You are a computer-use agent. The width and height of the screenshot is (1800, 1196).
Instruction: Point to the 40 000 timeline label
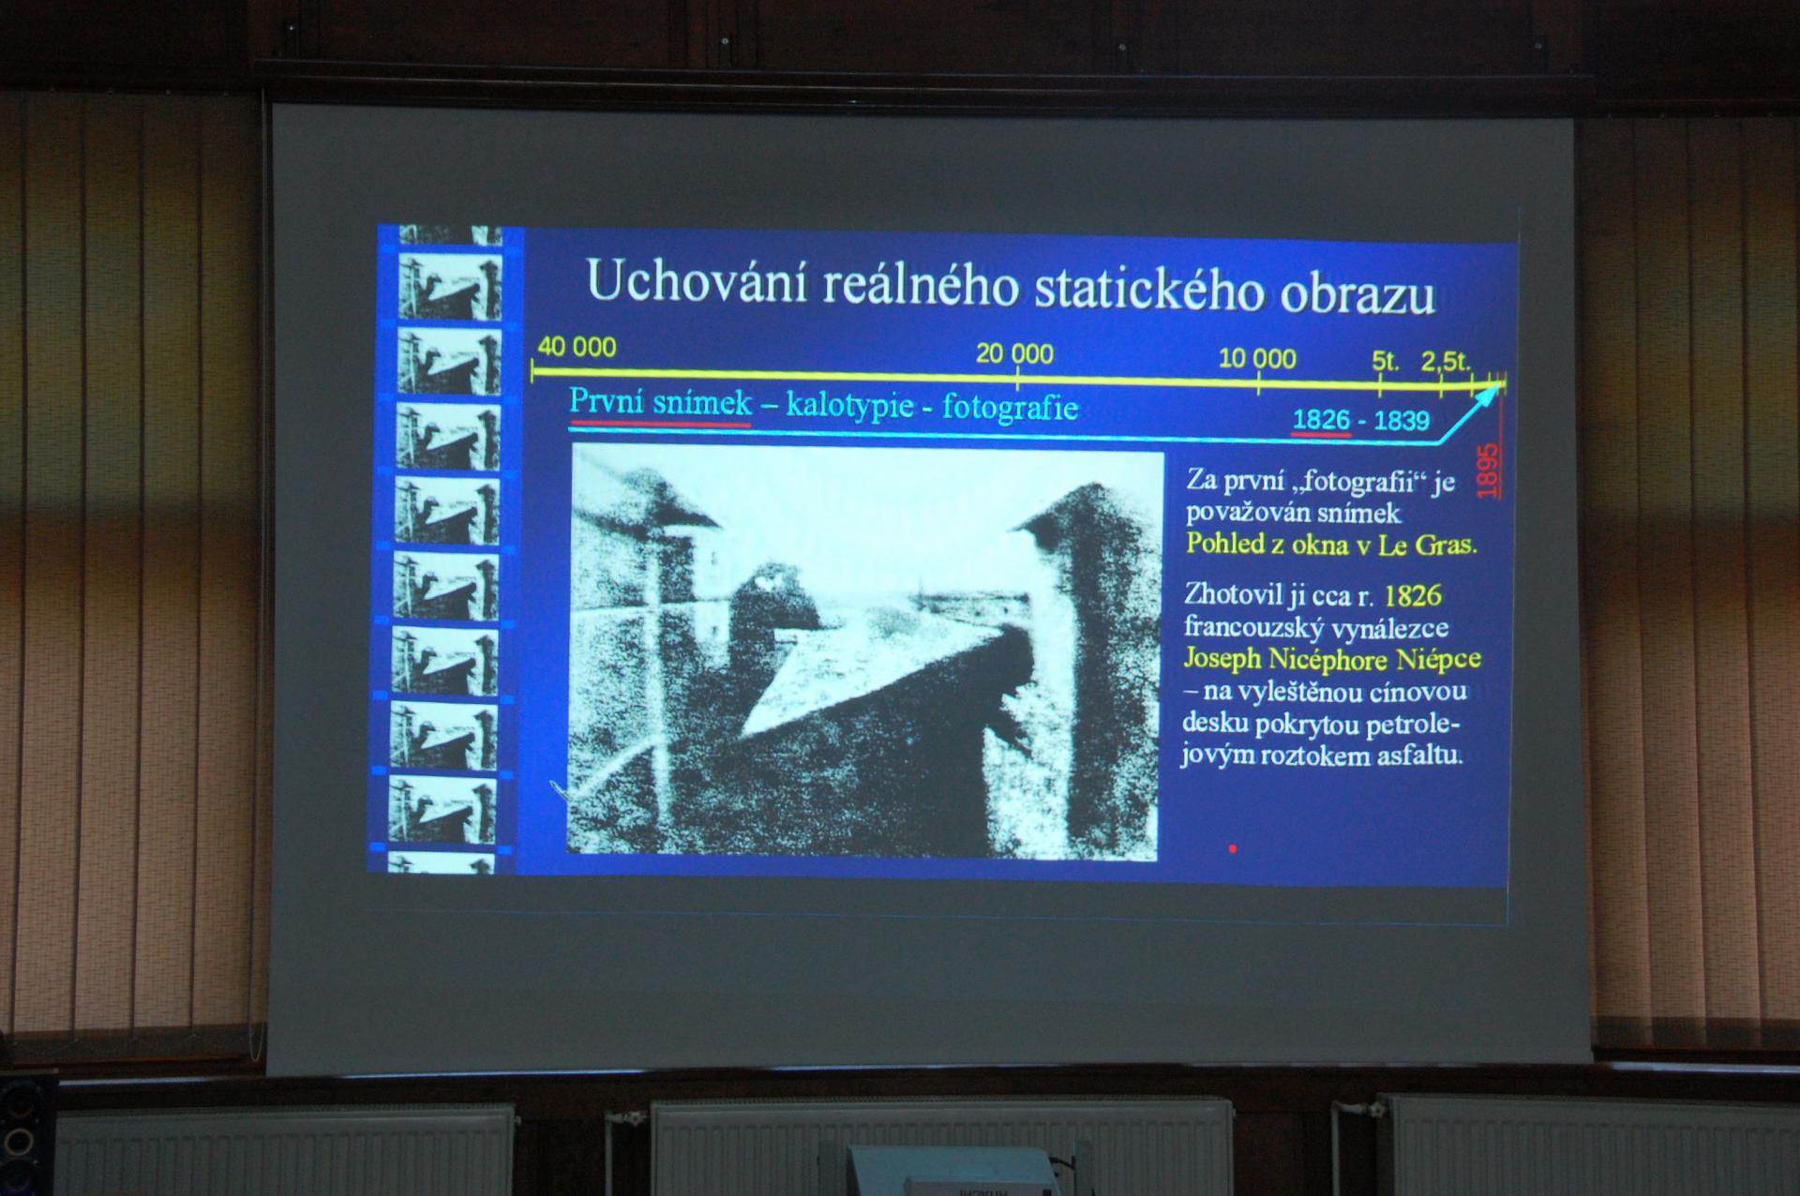[x=577, y=347]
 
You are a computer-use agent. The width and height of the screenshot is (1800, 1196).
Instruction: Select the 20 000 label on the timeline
[x=1014, y=353]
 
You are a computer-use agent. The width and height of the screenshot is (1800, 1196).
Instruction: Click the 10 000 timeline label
[x=1257, y=358]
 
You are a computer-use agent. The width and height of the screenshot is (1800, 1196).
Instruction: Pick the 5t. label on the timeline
[x=1386, y=361]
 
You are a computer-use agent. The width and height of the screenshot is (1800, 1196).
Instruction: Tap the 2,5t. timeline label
[x=1446, y=362]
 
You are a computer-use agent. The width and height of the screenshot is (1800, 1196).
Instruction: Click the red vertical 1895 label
[x=1488, y=471]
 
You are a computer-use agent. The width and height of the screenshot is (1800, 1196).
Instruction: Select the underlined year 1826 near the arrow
[x=1321, y=419]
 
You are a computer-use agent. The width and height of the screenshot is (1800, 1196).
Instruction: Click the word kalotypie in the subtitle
[x=849, y=405]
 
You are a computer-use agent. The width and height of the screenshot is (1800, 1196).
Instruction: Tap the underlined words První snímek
[x=661, y=402]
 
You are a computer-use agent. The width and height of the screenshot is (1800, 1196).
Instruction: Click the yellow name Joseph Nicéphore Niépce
[x=1332, y=658]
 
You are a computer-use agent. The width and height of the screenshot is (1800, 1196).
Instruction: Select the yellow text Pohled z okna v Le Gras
[x=1331, y=544]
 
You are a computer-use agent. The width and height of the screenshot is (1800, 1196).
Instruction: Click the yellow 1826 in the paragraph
[x=1413, y=595]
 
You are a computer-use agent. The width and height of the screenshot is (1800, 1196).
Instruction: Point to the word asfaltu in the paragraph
[x=1419, y=755]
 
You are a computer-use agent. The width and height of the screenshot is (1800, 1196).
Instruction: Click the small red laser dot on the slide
[x=1233, y=848]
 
